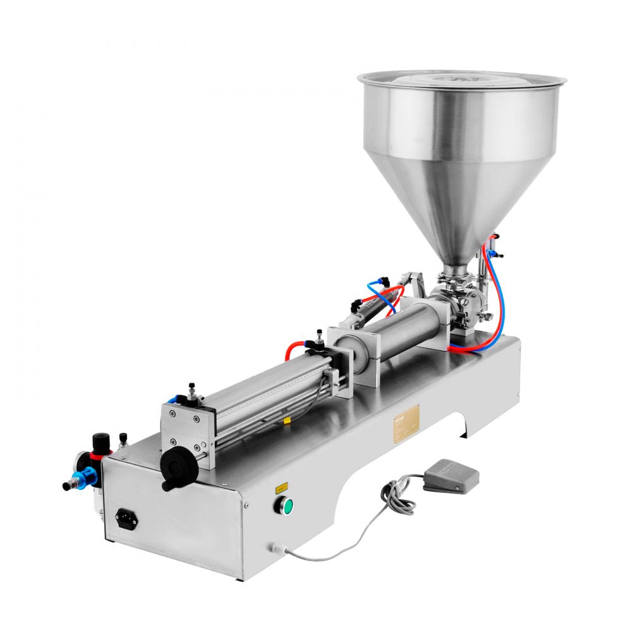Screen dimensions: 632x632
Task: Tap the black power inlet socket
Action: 126,519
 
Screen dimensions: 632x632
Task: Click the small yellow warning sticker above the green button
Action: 280,487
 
